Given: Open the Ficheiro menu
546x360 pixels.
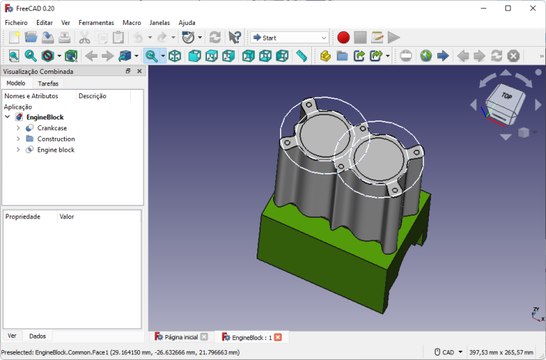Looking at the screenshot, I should click(x=16, y=23).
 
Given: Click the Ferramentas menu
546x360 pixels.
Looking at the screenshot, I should click(x=96, y=23).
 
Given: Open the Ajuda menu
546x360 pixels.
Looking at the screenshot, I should click(x=187, y=23).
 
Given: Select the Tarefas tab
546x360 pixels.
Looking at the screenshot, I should click(x=48, y=83).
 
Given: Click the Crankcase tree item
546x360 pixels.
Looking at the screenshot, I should click(x=52, y=128).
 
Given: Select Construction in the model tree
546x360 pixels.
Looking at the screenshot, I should click(x=55, y=139).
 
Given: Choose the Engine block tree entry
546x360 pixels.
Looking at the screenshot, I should click(x=55, y=150).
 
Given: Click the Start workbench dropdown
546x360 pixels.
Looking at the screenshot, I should click(x=289, y=38).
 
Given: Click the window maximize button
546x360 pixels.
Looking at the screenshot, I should click(x=508, y=8).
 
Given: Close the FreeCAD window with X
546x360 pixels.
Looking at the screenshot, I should click(x=532, y=8).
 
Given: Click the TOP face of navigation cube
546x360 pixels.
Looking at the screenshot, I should click(x=506, y=96).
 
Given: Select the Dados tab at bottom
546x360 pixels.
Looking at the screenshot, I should click(x=38, y=336).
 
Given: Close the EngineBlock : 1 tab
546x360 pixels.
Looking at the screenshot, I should click(x=278, y=337).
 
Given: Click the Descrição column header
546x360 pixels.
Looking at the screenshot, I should click(x=92, y=96).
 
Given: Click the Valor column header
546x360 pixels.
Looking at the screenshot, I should click(x=67, y=216).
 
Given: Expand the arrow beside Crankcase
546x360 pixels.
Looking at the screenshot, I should click(x=18, y=128).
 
